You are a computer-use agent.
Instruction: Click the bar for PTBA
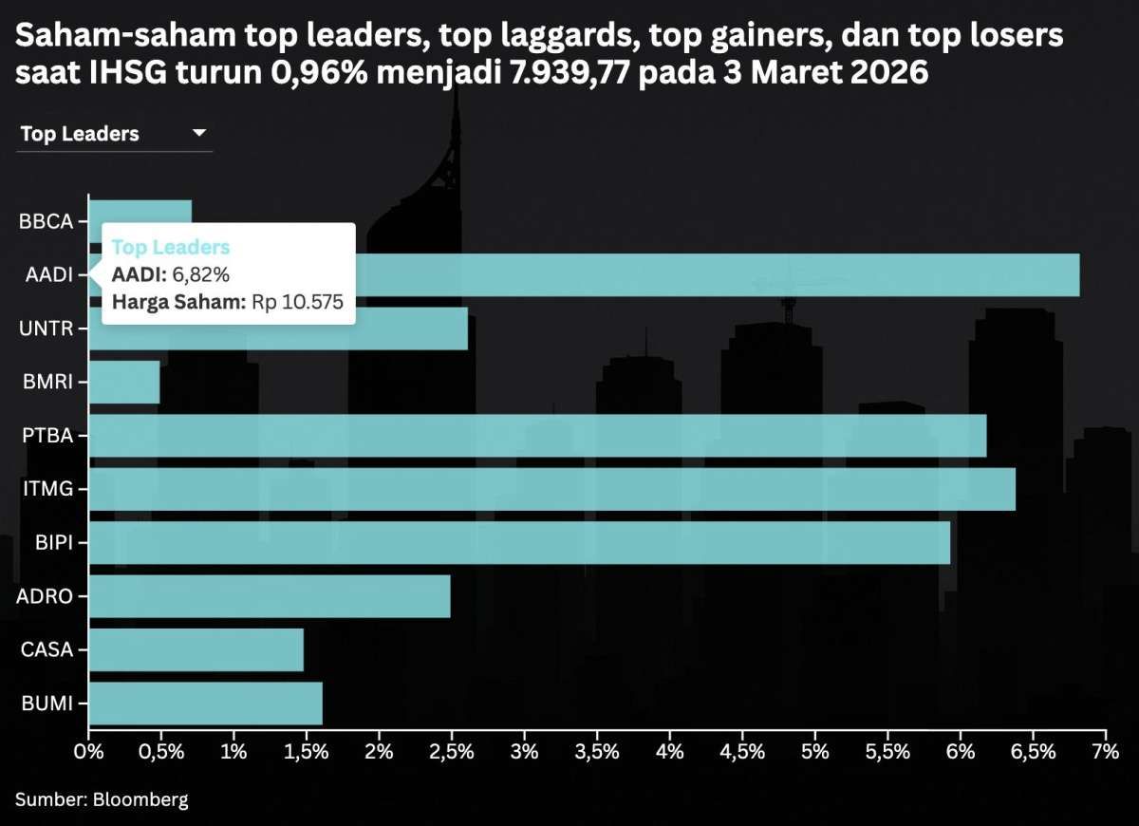(x=537, y=436)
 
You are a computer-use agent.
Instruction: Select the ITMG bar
(x=551, y=489)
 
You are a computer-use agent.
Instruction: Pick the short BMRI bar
(x=124, y=382)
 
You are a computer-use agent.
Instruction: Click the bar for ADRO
(x=270, y=596)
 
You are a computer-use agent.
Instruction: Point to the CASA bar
(x=196, y=650)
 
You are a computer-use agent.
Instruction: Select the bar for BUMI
(x=205, y=704)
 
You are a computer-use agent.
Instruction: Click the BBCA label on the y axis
(x=47, y=221)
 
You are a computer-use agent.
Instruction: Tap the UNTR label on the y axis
(x=47, y=329)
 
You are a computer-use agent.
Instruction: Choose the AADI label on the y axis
(x=47, y=275)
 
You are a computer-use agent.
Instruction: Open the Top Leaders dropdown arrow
(x=199, y=134)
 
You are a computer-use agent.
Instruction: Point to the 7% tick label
(x=1106, y=752)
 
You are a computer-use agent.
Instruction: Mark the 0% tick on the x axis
(x=88, y=752)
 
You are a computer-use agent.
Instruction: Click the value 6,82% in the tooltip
(x=201, y=275)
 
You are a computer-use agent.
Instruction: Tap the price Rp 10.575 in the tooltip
(x=296, y=303)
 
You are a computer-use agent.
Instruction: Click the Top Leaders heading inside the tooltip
(x=171, y=248)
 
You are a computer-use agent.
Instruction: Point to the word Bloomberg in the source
(x=140, y=799)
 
